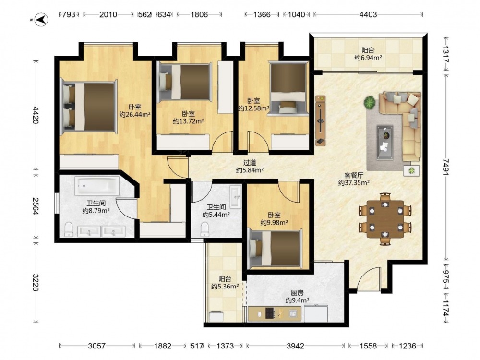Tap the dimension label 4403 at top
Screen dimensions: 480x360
click(x=368, y=14)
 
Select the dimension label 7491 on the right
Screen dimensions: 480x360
click(x=446, y=167)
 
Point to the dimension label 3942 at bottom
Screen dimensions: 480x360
click(x=295, y=346)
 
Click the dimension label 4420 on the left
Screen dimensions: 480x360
click(x=36, y=115)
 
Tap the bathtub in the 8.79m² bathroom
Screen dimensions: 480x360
click(x=97, y=185)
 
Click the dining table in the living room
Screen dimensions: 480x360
click(x=385, y=219)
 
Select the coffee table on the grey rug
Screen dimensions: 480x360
click(x=385, y=143)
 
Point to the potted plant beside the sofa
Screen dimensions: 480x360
click(x=370, y=102)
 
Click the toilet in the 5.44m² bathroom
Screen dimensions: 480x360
click(x=204, y=229)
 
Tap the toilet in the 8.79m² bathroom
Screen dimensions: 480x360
click(x=69, y=229)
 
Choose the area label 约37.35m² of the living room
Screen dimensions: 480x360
click(x=354, y=183)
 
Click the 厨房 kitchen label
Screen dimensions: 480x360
click(x=297, y=293)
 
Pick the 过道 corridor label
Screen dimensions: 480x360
click(x=250, y=163)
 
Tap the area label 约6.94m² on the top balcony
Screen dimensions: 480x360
click(x=368, y=58)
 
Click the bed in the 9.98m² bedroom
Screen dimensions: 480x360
click(x=275, y=248)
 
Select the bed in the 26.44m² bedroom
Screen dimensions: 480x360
click(x=89, y=107)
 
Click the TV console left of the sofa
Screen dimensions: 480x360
click(x=321, y=120)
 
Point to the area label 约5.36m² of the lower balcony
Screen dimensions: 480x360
click(x=225, y=287)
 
